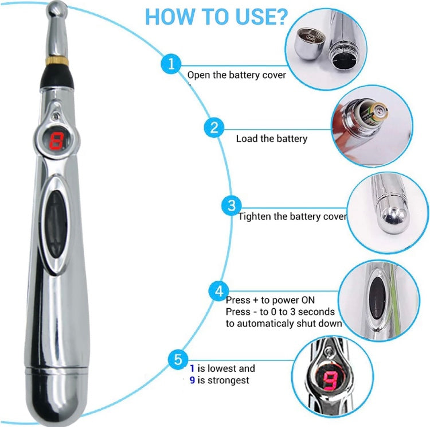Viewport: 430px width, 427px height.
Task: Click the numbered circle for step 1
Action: pos(170,64)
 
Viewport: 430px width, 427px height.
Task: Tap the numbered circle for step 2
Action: pos(214,127)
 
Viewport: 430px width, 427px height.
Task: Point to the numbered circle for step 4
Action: pos(218,292)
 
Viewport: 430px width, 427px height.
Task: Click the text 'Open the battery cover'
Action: pos(236,75)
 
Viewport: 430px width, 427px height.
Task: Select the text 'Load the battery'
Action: pos(271,138)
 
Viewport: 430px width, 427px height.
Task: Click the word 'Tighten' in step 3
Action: pos(255,216)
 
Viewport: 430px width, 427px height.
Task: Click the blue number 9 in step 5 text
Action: pos(193,380)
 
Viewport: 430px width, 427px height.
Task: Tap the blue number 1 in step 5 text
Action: pos(193,368)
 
